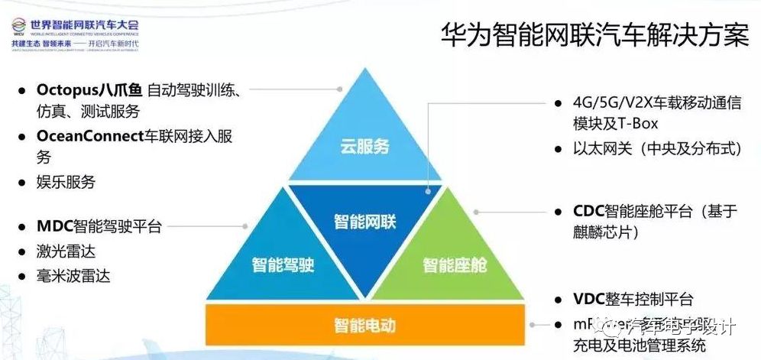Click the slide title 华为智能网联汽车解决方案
[x=595, y=34]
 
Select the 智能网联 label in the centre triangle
[x=364, y=222]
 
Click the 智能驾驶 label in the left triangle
[x=283, y=265]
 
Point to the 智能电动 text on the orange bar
[x=364, y=325]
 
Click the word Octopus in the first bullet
[x=68, y=89]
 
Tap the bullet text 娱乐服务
[x=66, y=182]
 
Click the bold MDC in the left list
[x=53, y=227]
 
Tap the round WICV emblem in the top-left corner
[x=19, y=30]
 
